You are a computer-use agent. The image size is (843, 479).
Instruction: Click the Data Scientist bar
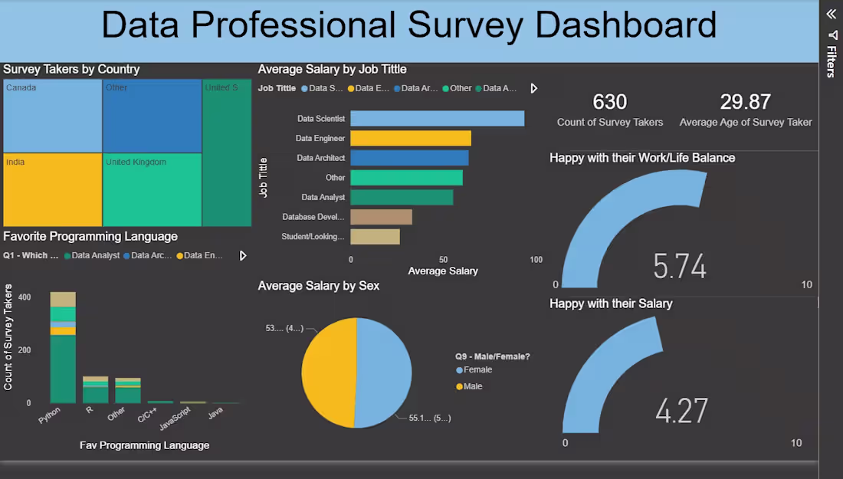(x=437, y=119)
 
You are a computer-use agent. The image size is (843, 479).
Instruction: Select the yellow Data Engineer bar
(x=411, y=139)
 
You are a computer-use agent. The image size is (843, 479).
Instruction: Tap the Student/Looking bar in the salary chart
(x=375, y=237)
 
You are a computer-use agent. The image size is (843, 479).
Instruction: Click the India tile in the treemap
(x=52, y=190)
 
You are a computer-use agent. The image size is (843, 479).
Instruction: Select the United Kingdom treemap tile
(x=152, y=190)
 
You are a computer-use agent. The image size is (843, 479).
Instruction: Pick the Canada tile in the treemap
(x=52, y=115)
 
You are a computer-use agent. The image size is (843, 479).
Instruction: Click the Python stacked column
(x=63, y=349)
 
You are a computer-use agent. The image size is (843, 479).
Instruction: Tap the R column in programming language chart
(x=95, y=390)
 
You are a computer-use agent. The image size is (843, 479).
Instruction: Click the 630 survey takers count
(x=609, y=102)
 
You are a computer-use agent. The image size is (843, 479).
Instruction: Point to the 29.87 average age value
(x=745, y=102)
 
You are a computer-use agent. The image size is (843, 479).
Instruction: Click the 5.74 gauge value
(x=680, y=266)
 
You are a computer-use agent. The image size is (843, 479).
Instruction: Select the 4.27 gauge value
(x=681, y=411)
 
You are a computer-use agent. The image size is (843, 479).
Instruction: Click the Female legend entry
(x=477, y=370)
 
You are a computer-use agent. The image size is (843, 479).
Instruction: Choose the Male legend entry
(x=473, y=387)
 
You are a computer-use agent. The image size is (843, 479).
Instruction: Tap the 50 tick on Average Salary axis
(x=443, y=260)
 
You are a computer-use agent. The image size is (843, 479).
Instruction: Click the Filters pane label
(x=831, y=61)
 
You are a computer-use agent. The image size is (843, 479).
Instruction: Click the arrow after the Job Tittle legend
(x=534, y=88)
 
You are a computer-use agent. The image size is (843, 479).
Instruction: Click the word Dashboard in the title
(x=625, y=25)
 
